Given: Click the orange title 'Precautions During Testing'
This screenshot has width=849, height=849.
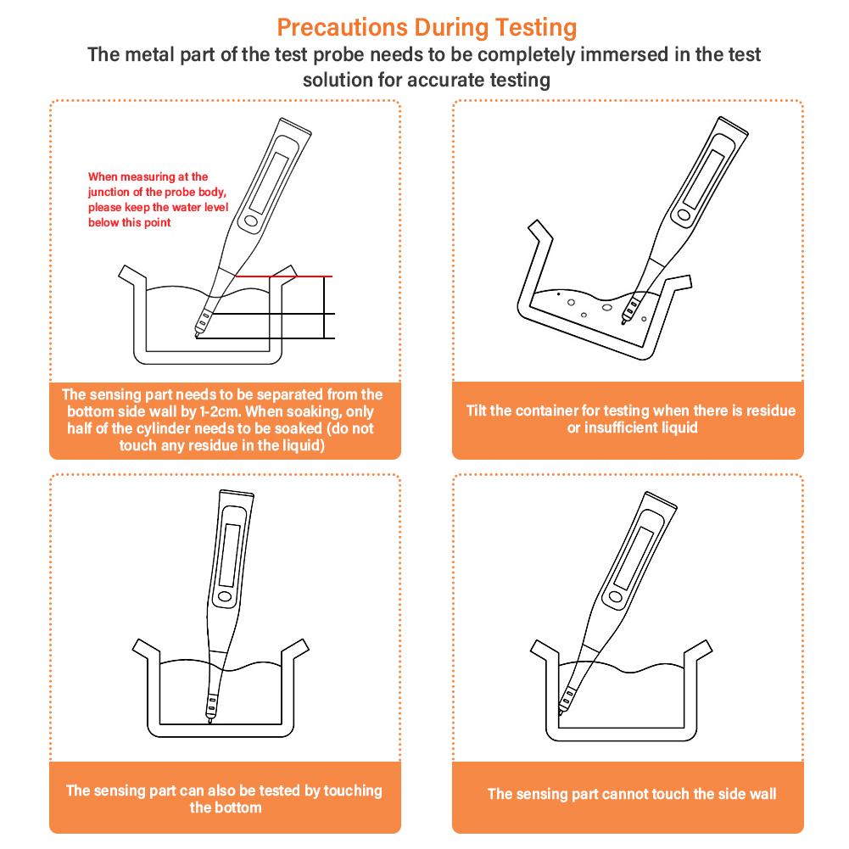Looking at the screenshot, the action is tap(427, 28).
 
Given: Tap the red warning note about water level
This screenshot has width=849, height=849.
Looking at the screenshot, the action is tap(158, 199).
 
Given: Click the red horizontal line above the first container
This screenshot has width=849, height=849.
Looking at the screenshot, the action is tap(284, 276).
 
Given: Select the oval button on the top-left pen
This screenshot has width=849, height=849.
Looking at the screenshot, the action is tap(251, 221).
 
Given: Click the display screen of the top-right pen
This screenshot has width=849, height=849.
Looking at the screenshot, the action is tap(703, 179).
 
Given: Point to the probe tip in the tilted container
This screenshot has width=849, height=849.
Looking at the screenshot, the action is tap(624, 321).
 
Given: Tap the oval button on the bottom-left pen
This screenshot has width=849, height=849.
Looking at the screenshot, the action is tap(224, 597).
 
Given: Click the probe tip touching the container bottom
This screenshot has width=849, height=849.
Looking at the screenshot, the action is tap(209, 719).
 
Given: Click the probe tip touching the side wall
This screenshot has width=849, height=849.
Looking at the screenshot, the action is tap(561, 711).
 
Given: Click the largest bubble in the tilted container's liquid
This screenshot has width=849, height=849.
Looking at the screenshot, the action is tap(607, 308).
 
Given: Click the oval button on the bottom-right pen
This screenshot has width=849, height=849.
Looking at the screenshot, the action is tap(615, 597).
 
